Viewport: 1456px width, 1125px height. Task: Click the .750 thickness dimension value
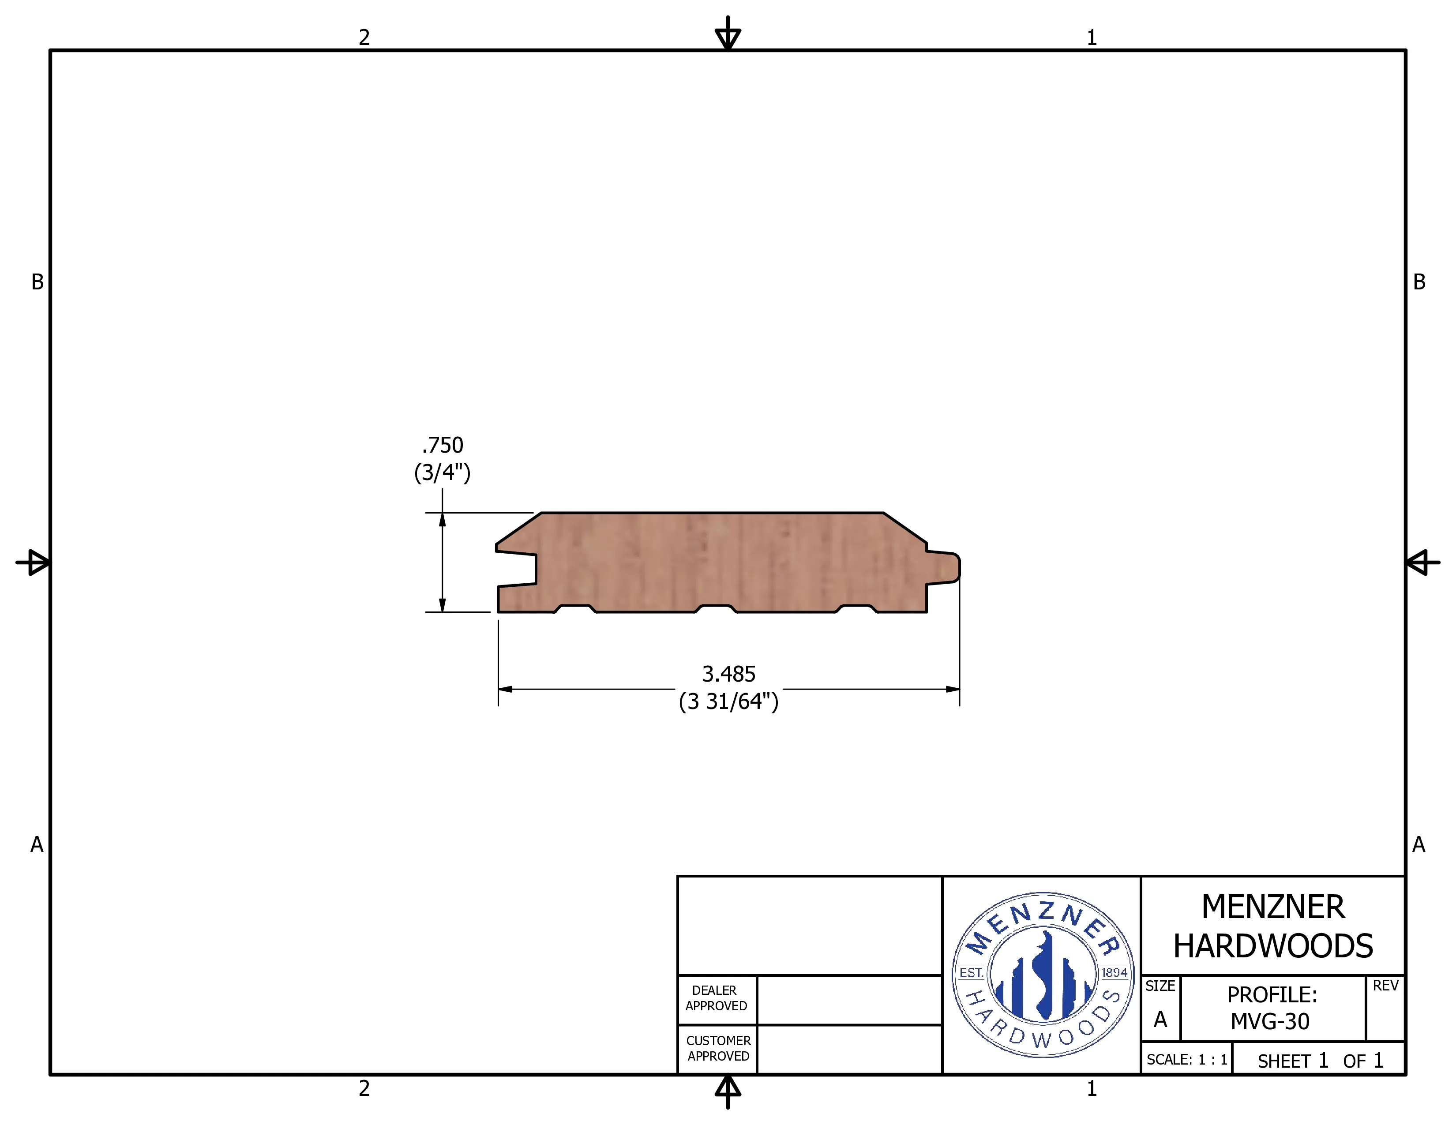pos(443,445)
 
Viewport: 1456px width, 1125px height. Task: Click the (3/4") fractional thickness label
pos(443,472)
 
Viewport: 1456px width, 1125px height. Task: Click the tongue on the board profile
pos(943,568)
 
